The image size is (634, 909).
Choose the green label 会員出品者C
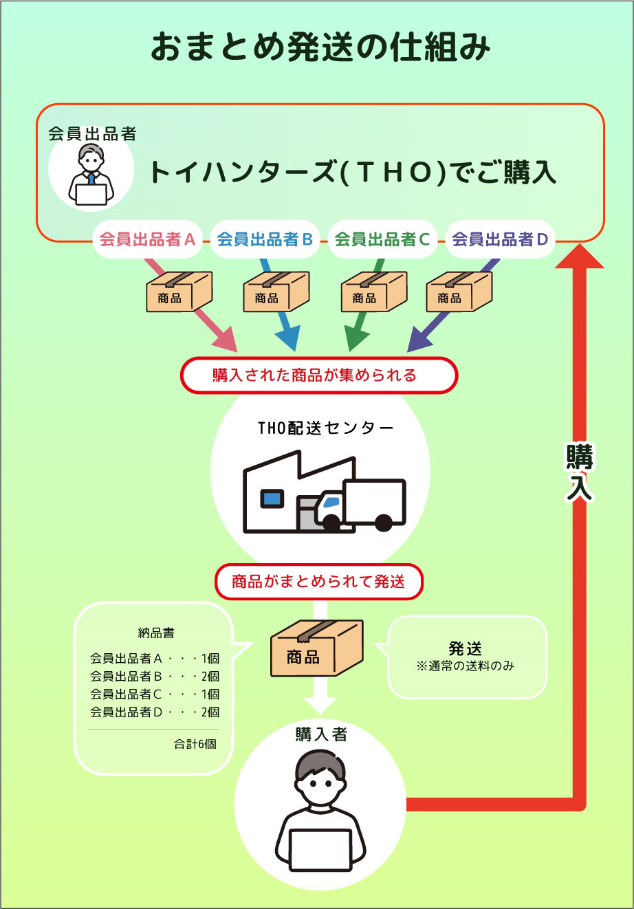coord(382,239)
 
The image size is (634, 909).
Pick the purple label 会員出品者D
coord(500,239)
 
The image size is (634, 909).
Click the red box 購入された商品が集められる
coord(318,375)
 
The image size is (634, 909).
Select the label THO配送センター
coord(326,428)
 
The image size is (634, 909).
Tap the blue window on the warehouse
coord(272,496)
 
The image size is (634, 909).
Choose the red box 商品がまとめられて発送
coord(318,582)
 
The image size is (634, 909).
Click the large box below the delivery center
coord(316,650)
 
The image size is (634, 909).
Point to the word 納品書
coord(155,633)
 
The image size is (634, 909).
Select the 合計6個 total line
coord(195,744)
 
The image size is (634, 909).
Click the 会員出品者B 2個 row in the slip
coord(155,676)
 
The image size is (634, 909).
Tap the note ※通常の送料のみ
coord(466,666)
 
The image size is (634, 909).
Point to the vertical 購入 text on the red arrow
coord(579,473)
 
